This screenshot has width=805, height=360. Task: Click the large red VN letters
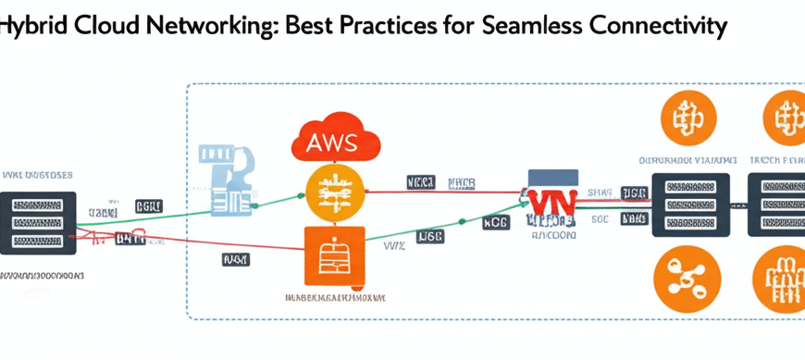click(x=551, y=203)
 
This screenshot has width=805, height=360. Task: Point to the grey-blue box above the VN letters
click(x=552, y=177)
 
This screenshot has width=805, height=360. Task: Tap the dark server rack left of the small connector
click(x=690, y=205)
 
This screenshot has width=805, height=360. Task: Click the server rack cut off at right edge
click(x=782, y=205)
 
